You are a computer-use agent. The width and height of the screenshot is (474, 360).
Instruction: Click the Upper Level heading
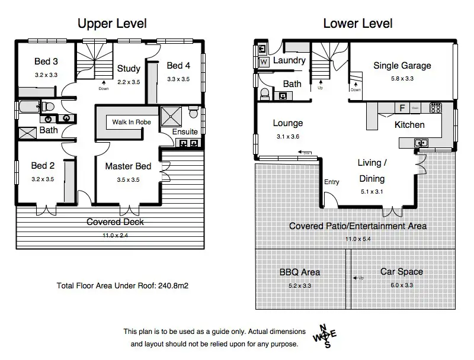pos(112,24)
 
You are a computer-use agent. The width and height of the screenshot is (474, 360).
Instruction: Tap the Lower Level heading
pos(358,24)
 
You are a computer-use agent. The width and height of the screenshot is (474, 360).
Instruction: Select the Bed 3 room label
pos(46,62)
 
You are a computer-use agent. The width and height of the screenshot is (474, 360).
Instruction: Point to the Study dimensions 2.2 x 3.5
pos(129,82)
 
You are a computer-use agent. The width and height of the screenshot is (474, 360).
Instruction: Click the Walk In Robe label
pos(132,122)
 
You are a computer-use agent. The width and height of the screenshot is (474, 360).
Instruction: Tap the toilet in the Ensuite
pos(193,112)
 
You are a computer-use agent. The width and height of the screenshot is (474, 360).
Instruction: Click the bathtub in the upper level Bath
pos(29,107)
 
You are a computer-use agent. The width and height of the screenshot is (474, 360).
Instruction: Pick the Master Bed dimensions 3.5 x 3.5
pos(128,179)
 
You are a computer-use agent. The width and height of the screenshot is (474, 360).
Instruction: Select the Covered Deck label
pos(115,222)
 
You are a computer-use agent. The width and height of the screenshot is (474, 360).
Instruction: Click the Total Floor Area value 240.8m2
pos(173,286)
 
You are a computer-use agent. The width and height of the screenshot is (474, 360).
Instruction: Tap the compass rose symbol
pos(325,336)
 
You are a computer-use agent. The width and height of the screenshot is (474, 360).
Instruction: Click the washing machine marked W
pos(264,62)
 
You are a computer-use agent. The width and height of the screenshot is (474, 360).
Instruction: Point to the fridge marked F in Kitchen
pos(402,108)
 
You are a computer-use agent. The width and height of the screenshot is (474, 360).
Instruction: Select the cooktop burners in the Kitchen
pos(435,108)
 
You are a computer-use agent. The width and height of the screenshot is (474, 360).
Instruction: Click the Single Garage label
pos(402,66)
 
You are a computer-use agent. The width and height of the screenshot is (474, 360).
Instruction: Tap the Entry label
pos(332,182)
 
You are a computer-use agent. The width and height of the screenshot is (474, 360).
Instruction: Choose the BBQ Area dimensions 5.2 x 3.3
pos(300,286)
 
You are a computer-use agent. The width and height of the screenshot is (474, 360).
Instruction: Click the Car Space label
pos(402,272)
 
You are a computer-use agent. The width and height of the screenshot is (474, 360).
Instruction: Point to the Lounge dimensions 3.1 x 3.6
pos(288,137)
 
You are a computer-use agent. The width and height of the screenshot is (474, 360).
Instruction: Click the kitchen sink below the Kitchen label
pos(421,143)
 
